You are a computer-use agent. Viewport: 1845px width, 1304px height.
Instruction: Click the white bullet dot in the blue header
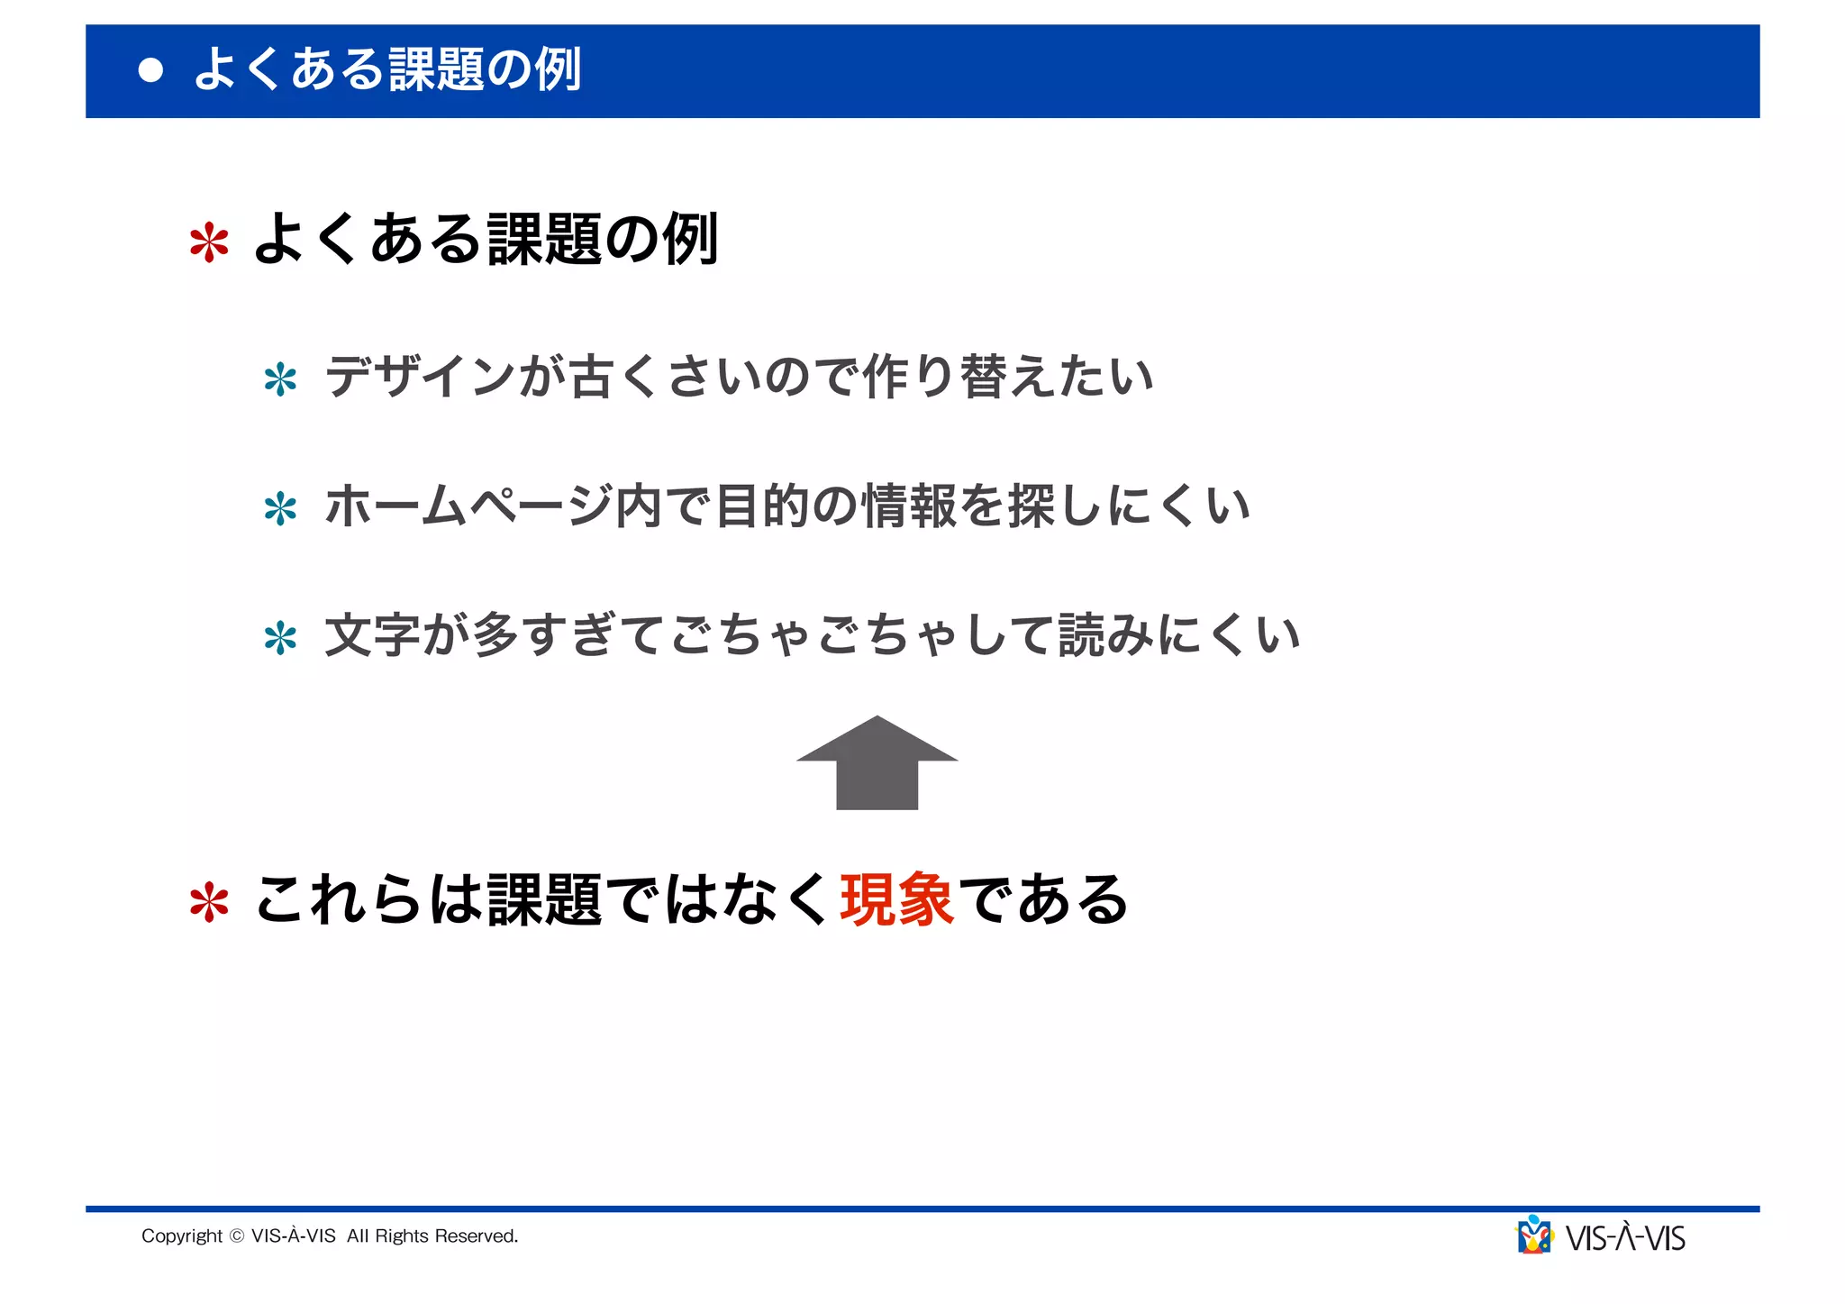pyautogui.click(x=150, y=70)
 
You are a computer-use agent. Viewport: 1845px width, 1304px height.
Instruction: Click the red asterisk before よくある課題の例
pyautogui.click(x=209, y=242)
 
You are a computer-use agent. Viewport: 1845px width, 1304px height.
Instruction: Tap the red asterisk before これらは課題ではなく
pyautogui.click(x=209, y=902)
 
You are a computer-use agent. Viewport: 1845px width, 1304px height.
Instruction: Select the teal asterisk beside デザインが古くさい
pyautogui.click(x=280, y=379)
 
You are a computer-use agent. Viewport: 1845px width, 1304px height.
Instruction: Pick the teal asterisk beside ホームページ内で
pyautogui.click(x=280, y=509)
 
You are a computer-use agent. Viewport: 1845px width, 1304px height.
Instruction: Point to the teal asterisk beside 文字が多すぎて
pyautogui.click(x=280, y=639)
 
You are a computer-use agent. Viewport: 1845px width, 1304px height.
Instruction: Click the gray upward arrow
pyautogui.click(x=877, y=764)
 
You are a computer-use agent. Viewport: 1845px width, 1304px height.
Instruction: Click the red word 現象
pyautogui.click(x=896, y=899)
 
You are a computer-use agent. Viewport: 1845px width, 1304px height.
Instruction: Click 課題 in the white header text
pyautogui.click(x=437, y=69)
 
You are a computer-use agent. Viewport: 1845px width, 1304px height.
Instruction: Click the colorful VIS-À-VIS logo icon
pyautogui.click(x=1534, y=1236)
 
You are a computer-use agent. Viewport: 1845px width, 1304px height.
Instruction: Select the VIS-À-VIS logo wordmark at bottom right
pyautogui.click(x=1625, y=1239)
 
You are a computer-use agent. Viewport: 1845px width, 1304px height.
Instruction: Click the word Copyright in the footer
pyautogui.click(x=182, y=1236)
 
